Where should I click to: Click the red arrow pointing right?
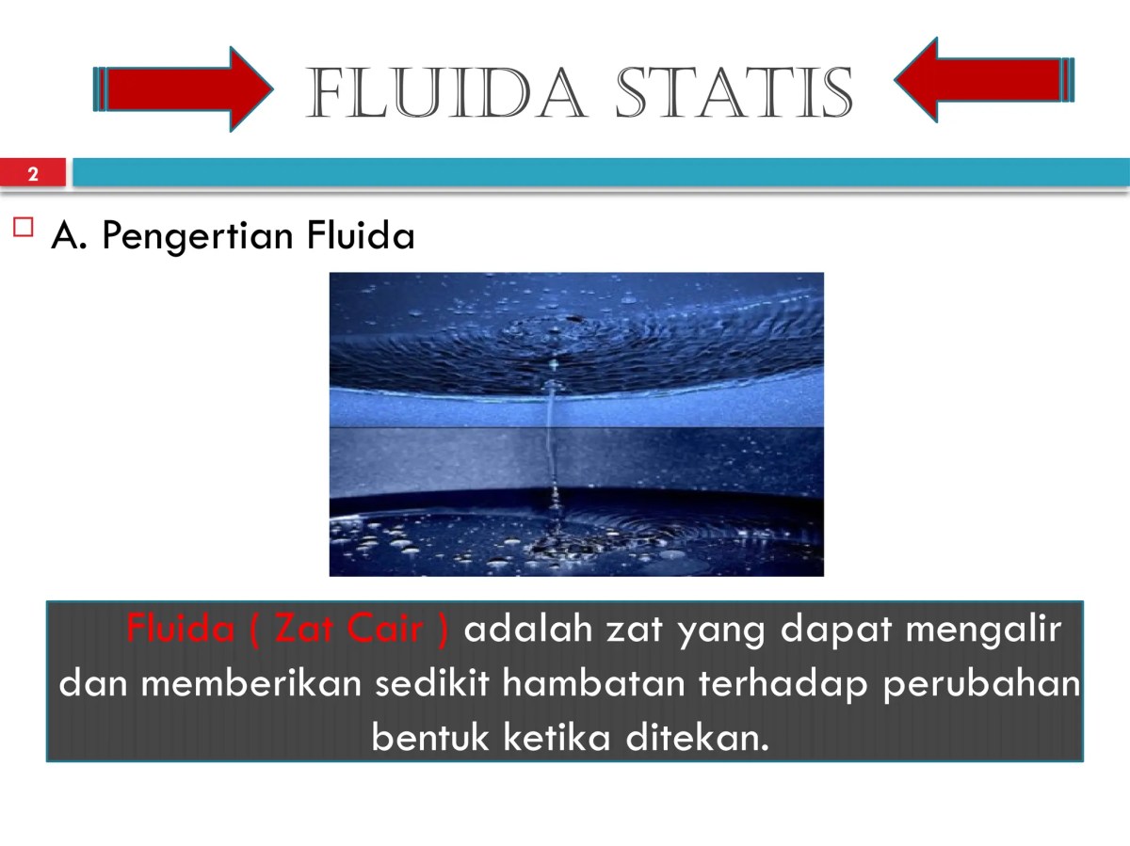click(x=184, y=89)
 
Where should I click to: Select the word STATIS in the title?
click(x=734, y=93)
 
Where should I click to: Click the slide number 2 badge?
click(x=33, y=174)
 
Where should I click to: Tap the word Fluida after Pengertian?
click(x=362, y=236)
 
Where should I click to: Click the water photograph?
click(x=575, y=423)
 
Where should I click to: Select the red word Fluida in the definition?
click(x=180, y=629)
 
